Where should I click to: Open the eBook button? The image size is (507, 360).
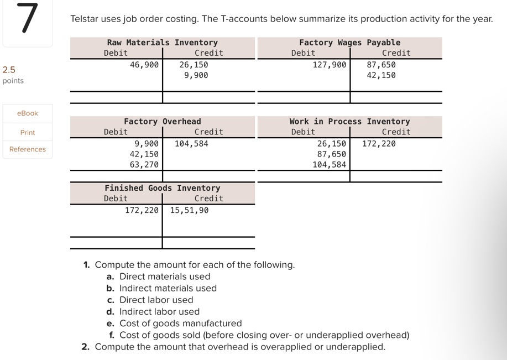(28, 113)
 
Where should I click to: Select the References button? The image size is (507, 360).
(28, 149)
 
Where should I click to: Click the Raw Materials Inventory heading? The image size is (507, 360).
(163, 43)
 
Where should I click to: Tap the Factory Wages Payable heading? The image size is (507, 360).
(349, 43)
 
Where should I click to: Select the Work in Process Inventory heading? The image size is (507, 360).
(349, 122)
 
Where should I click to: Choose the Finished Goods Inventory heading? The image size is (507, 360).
(163, 188)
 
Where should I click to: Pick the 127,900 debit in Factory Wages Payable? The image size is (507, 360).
(330, 65)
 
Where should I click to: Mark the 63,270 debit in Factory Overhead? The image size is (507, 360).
(144, 165)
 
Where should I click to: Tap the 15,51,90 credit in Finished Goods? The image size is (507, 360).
(190, 211)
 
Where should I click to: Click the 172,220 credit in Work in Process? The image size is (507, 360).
(379, 144)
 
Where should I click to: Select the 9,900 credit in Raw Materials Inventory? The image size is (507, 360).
(196, 75)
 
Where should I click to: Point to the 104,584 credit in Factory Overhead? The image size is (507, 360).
(192, 144)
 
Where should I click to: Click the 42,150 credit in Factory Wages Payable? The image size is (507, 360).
(381, 75)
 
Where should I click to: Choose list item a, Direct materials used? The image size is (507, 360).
(164, 276)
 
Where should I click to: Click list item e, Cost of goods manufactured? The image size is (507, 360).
(180, 324)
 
